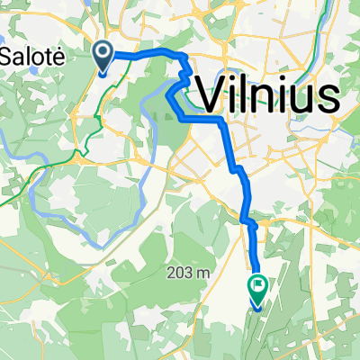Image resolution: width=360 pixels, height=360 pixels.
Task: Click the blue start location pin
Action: pos(103,57)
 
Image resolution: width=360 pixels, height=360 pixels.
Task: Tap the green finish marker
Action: pos(257,290)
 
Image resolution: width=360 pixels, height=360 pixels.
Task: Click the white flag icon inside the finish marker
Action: pos(258,287)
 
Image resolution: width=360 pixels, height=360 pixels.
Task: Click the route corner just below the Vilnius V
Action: pos(221,120)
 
